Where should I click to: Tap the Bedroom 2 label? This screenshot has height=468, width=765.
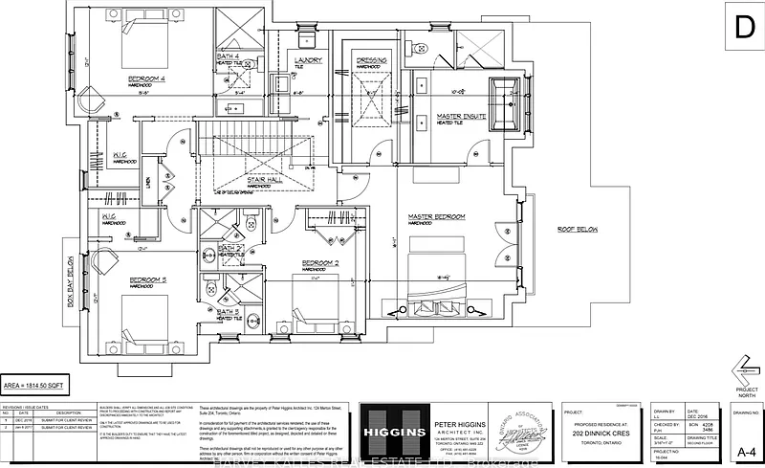321,262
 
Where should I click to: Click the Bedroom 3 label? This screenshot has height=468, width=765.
149,279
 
